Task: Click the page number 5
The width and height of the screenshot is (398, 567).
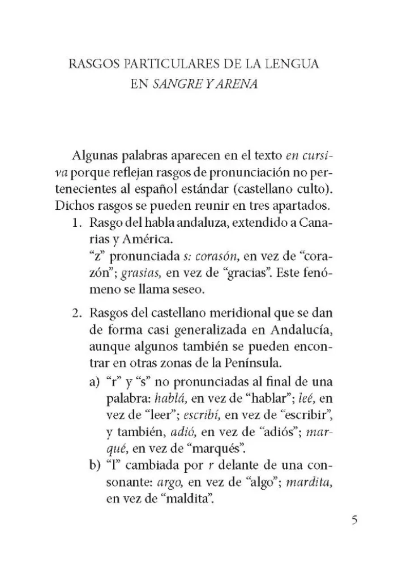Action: [354, 520]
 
